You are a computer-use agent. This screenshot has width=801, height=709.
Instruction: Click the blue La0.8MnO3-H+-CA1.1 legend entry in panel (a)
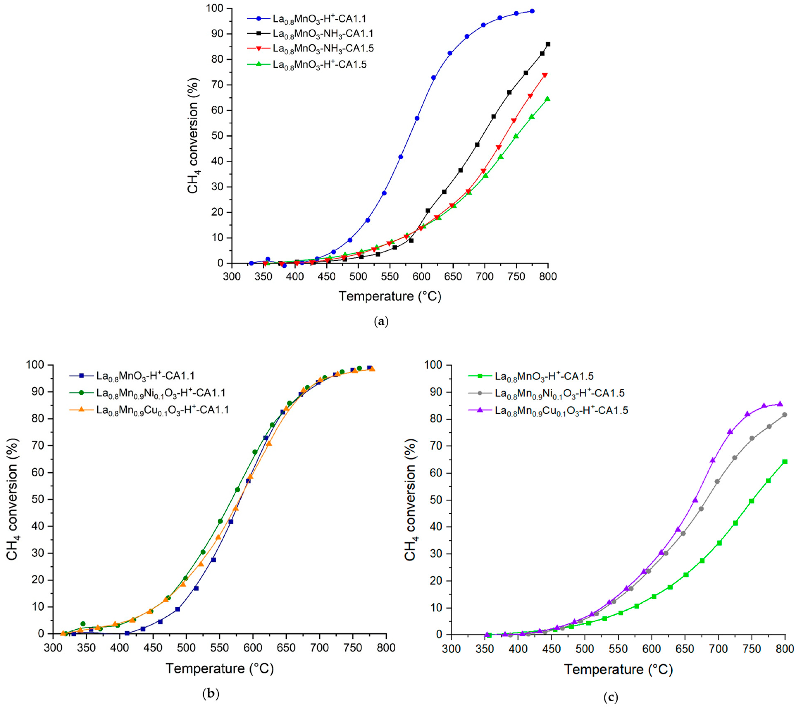pyautogui.click(x=319, y=18)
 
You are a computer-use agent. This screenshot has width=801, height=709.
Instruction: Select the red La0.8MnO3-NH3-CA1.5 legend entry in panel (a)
pyautogui.click(x=323, y=49)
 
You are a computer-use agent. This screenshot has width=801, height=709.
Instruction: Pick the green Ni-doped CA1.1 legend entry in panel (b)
pyautogui.click(x=161, y=392)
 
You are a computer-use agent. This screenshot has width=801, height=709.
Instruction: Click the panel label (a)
pyautogui.click(x=381, y=322)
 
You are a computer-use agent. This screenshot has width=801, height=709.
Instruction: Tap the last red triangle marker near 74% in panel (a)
pyautogui.click(x=545, y=75)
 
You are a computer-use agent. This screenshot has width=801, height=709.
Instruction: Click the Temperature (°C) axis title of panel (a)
pyautogui.click(x=390, y=296)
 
